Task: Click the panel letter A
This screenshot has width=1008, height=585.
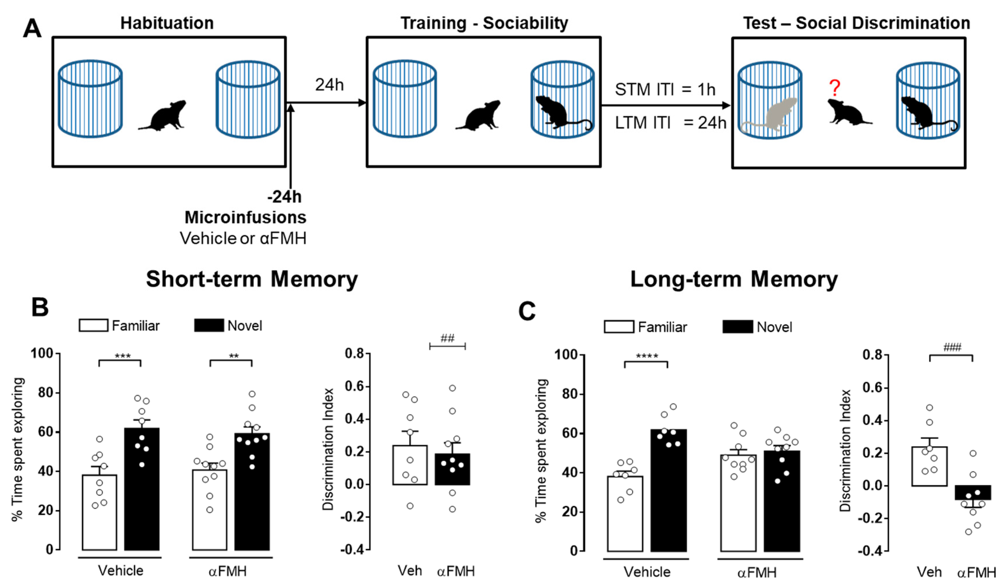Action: pyautogui.click(x=32, y=29)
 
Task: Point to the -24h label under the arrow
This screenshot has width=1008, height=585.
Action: pyautogui.click(x=284, y=197)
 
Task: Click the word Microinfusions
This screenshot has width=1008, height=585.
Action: pyautogui.click(x=245, y=217)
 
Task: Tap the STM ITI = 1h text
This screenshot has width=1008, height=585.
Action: pyautogui.click(x=665, y=89)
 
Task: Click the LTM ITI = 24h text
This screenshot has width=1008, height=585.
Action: pyautogui.click(x=670, y=122)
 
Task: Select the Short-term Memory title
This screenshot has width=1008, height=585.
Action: pyautogui.click(x=252, y=279)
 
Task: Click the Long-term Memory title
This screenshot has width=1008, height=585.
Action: pyautogui.click(x=734, y=279)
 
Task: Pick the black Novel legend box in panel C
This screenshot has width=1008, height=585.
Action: pyautogui.click(x=737, y=327)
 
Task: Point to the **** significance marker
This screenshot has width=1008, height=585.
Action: pyautogui.click(x=646, y=356)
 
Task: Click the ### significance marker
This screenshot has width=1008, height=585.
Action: pyautogui.click(x=952, y=347)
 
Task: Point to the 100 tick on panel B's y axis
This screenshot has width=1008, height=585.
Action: pyautogui.click(x=42, y=353)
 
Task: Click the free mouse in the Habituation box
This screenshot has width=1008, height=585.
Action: pyautogui.click(x=163, y=115)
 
